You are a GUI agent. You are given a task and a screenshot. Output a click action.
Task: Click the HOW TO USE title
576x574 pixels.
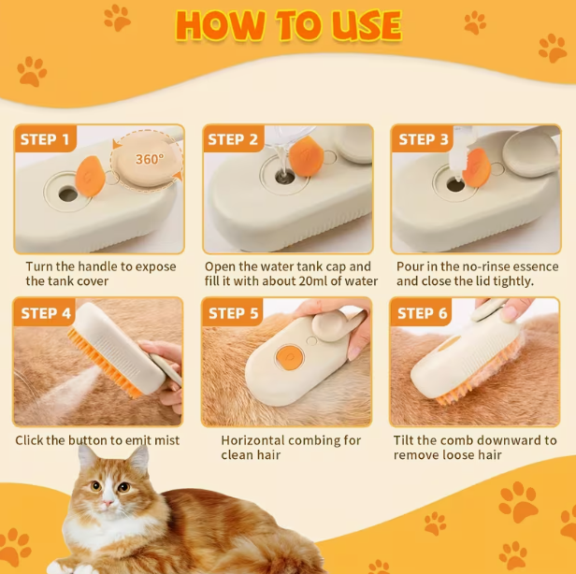click(x=288, y=25)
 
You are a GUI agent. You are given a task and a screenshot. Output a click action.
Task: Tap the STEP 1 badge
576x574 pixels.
click(x=45, y=140)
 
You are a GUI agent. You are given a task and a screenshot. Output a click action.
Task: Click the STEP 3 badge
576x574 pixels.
click(x=424, y=140)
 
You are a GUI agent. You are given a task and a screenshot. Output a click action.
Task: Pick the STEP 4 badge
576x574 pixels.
click(x=46, y=313)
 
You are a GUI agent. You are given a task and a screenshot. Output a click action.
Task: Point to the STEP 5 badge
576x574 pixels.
click(x=234, y=313)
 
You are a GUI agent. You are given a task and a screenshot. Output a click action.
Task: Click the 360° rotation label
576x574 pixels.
click(x=149, y=160)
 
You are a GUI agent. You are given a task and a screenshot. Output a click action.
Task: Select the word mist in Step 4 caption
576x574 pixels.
click(x=165, y=440)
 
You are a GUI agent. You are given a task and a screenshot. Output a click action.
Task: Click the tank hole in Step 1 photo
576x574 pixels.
click(x=67, y=194)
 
